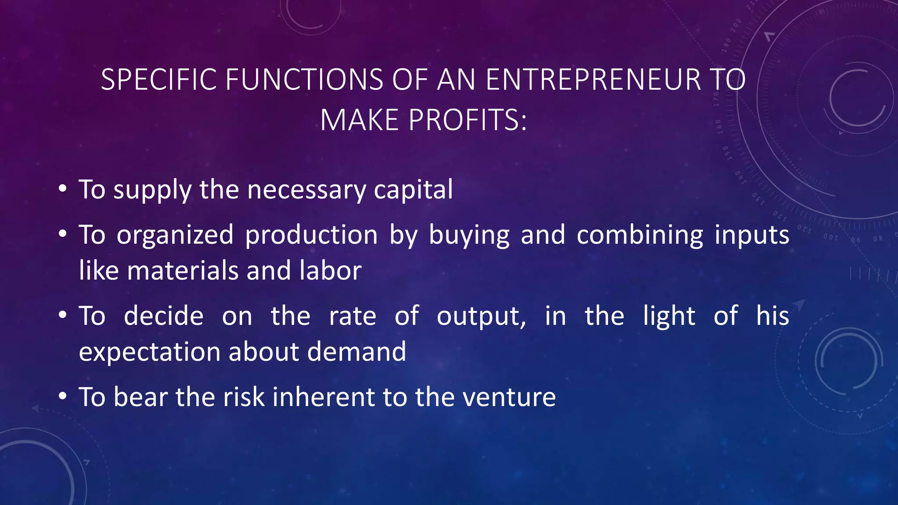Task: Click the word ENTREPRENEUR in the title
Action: [x=593, y=80]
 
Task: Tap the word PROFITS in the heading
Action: [x=467, y=120]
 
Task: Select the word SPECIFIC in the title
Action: [x=159, y=80]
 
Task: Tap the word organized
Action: [x=175, y=235]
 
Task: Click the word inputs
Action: [x=752, y=235]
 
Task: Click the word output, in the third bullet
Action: [x=481, y=316]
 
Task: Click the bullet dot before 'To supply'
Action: [x=63, y=189]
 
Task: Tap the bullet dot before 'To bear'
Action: [x=63, y=397]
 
